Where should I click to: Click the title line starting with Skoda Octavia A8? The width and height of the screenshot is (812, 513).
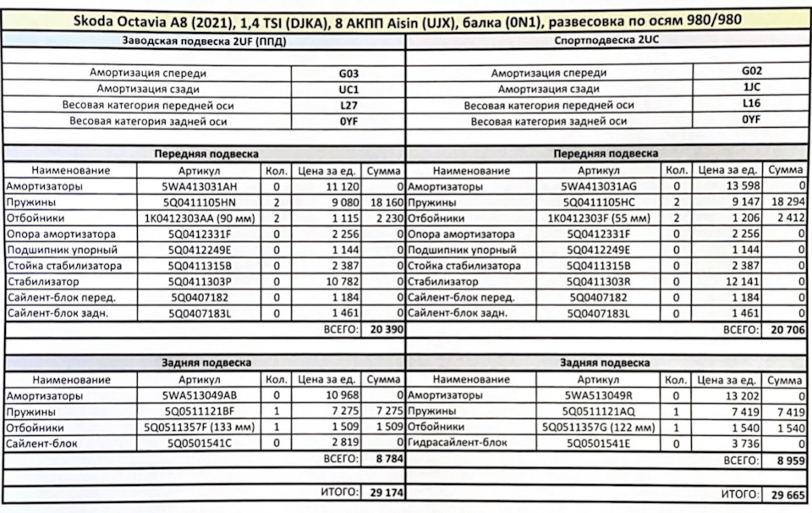click(x=405, y=19)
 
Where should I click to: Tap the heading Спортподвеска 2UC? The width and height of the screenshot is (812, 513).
click(x=607, y=41)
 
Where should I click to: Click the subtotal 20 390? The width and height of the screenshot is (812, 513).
click(x=381, y=329)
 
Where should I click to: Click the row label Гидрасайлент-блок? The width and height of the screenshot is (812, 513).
click(x=458, y=443)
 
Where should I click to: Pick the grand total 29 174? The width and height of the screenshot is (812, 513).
click(x=381, y=492)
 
